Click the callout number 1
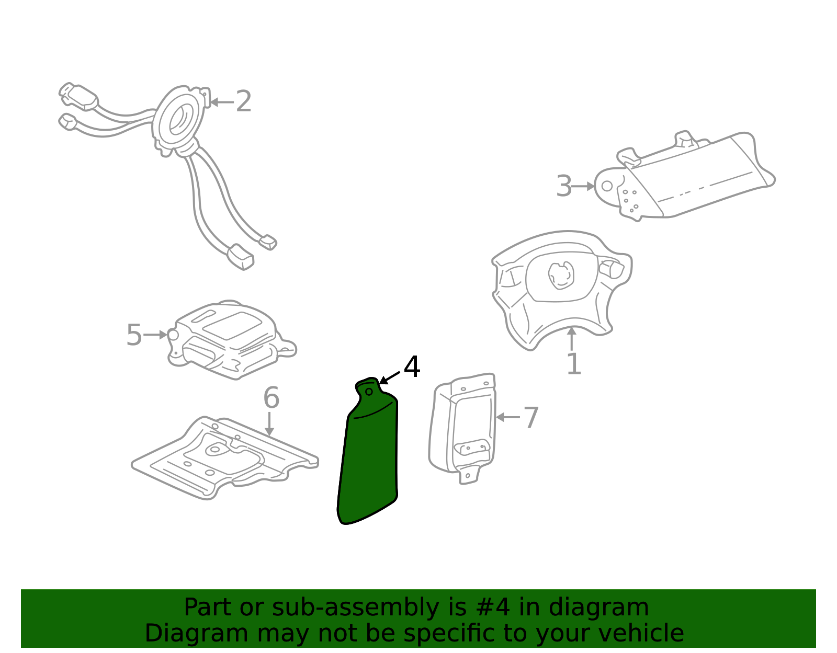tap(574, 364)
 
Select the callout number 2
tap(243, 101)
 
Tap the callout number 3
tap(564, 186)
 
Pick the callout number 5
tap(134, 335)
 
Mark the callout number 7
tap(531, 418)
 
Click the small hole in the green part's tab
tap(369, 392)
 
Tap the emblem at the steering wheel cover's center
tap(561, 275)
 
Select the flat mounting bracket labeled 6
tap(225, 458)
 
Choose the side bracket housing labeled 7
tap(462, 427)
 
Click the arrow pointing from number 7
tap(508, 417)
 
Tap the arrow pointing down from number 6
tap(269, 424)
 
